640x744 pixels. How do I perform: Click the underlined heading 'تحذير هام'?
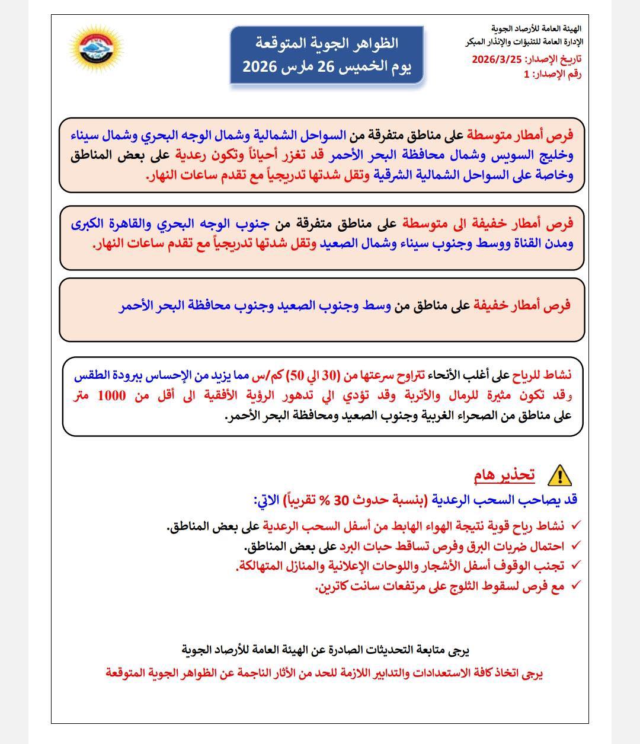point(504,475)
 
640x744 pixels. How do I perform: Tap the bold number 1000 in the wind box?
point(111,395)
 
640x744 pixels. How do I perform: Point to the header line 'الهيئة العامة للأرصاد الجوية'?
point(536,28)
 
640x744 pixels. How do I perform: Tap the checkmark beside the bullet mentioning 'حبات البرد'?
point(575,546)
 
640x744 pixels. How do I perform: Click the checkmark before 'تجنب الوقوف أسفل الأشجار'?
point(575,566)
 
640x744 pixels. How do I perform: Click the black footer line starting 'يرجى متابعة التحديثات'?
point(326,650)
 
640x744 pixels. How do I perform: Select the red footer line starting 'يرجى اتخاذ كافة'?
point(325,673)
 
